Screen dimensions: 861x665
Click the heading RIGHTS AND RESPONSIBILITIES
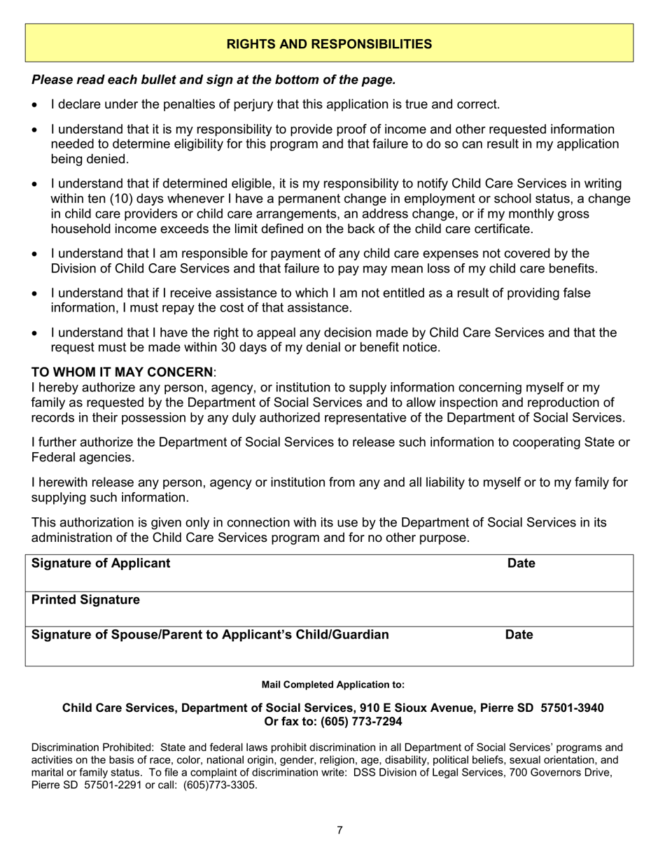pyautogui.click(x=329, y=44)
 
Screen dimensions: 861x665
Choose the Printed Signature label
pyautogui.click(x=86, y=600)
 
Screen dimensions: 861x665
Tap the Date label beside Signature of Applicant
pyautogui.click(x=521, y=563)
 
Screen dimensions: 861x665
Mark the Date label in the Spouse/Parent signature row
pyautogui.click(x=519, y=635)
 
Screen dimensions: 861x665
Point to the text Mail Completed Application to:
pyautogui.click(x=332, y=684)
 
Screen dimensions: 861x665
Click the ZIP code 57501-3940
pyautogui.click(x=573, y=708)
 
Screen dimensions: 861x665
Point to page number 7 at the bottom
pyautogui.click(x=339, y=830)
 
